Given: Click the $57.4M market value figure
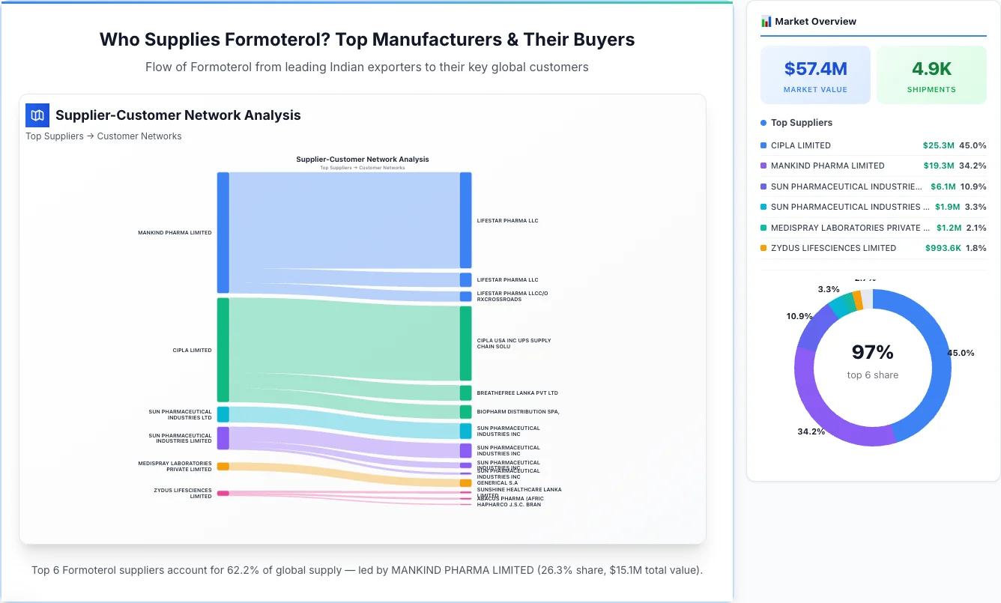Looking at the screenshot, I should point(815,69).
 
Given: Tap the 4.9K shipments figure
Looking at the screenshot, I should point(931,69).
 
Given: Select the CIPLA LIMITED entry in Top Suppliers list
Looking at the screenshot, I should point(800,145).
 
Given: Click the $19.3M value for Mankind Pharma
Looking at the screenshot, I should point(938,166).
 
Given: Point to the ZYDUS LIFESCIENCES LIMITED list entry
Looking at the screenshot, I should point(833,248).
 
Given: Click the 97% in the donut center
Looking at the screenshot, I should point(872,352).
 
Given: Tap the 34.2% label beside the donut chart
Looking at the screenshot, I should point(811,431).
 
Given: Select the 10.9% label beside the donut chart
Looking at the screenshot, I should point(799,316).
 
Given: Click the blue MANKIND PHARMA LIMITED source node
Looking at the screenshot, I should point(223,232).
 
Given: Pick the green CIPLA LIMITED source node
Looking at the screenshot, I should point(223,350).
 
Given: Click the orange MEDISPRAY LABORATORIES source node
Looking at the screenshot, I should point(223,466).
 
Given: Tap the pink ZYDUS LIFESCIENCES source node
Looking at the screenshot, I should point(223,493).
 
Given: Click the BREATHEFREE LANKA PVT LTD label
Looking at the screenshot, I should point(517,393).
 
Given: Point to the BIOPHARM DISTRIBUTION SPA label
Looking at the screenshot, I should point(518,411).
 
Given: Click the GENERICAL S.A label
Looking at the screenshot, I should point(497,483).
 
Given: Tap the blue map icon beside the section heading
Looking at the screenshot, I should point(37,115).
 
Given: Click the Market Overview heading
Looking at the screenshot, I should point(815,21).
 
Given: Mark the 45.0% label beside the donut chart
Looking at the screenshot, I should point(961,353).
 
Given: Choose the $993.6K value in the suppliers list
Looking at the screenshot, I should point(942,248).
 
